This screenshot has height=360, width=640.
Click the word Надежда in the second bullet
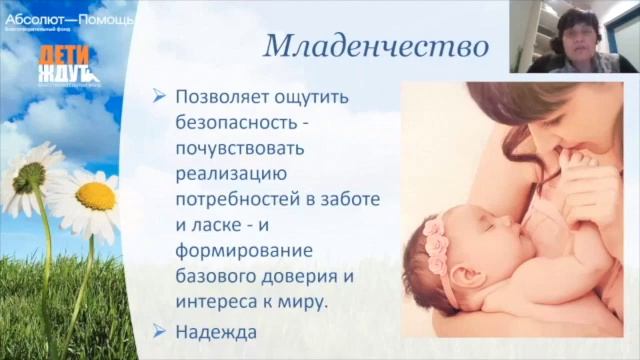point(213,331)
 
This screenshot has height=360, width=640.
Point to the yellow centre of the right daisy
point(96,196)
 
